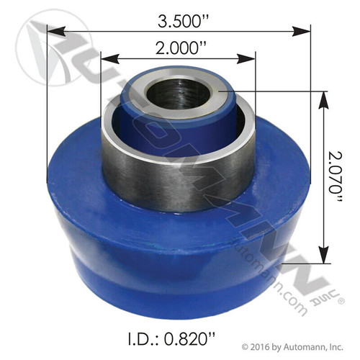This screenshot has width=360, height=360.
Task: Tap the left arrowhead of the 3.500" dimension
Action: tap(52, 30)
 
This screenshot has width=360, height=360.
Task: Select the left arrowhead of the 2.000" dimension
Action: tap(105, 58)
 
